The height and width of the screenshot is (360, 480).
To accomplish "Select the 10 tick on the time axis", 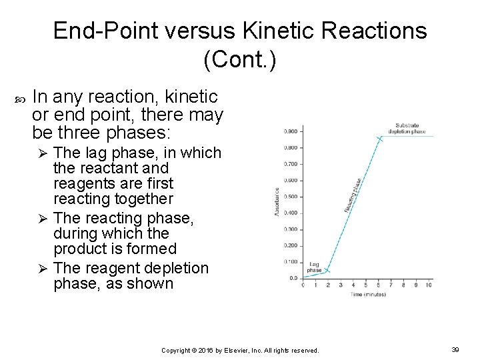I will pyautogui.click(x=428, y=285).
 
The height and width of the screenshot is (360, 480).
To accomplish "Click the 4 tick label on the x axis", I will pyautogui.click(x=353, y=285).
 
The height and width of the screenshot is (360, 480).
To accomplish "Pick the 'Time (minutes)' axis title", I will pyautogui.click(x=368, y=294).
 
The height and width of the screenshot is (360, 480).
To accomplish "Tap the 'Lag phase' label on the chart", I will pyautogui.click(x=315, y=266).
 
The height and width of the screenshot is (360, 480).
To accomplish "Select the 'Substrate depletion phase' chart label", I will pyautogui.click(x=410, y=128).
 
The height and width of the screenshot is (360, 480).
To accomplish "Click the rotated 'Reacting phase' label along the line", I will pyautogui.click(x=353, y=195).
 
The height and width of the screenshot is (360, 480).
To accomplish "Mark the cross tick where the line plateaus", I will pyautogui.click(x=380, y=139).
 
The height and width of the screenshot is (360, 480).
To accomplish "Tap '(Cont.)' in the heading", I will pyautogui.click(x=239, y=60).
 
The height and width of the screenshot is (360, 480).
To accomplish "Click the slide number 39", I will pyautogui.click(x=455, y=349).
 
